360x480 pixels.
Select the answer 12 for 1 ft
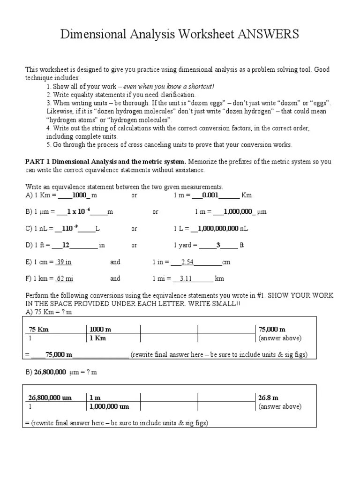pyautogui.click(x=66, y=245)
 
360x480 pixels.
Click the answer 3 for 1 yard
pyautogui.click(x=218, y=245)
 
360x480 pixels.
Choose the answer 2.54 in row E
pyautogui.click(x=187, y=262)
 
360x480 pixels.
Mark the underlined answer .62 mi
pyautogui.click(x=64, y=278)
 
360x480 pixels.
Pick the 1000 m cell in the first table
pyautogui.click(x=100, y=330)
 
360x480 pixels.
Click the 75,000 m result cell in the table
pyautogui.click(x=272, y=330)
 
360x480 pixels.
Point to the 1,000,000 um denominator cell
pyautogui.click(x=109, y=407)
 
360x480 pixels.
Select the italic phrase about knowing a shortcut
pyautogui.click(x=169, y=86)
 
